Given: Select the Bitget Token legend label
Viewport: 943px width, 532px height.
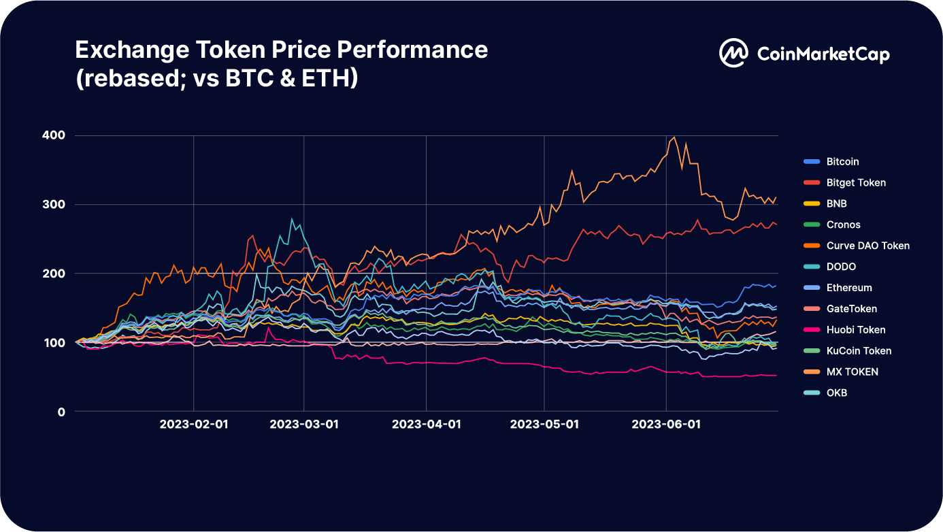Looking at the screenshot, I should pos(856,183).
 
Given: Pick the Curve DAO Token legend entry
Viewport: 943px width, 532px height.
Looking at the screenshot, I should pos(867,246).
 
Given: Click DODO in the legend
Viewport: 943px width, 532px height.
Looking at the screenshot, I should pos(841,267).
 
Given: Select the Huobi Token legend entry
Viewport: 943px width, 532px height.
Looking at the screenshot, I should pos(856,330).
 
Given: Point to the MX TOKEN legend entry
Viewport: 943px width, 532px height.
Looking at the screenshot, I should pos(852,372).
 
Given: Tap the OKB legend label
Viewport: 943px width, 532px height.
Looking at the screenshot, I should pos(836,393).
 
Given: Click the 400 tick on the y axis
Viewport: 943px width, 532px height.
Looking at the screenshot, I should pos(55,135).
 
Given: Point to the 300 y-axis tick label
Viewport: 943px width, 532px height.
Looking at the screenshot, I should pos(55,205).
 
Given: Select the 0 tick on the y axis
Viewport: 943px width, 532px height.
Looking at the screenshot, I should pos(61,412).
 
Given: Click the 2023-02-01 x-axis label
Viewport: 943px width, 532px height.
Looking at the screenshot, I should pos(194,425).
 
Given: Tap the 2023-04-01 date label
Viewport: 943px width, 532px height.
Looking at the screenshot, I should pos(427,425).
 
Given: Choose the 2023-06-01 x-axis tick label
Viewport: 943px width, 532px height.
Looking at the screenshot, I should pos(666,425).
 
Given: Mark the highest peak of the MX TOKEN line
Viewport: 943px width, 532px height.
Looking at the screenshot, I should pos(674,137).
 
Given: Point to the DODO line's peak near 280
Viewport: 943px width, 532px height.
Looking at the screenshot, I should pos(292,219).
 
